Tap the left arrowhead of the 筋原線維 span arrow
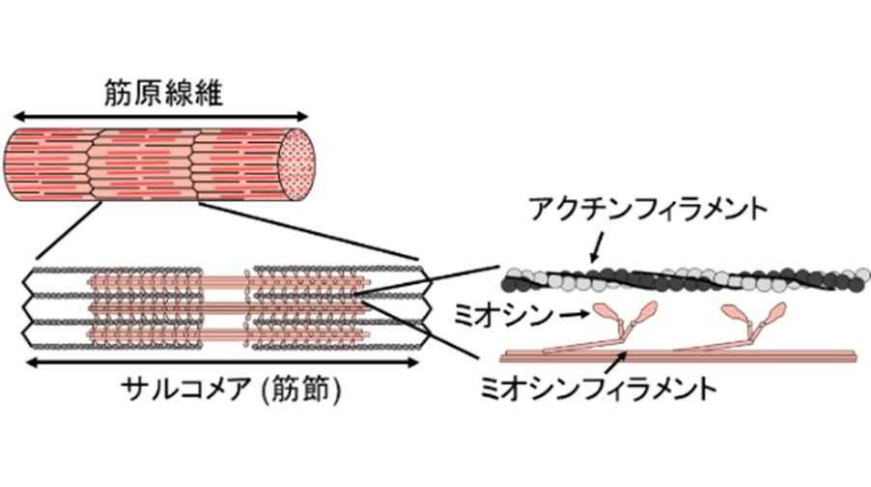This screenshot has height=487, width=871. pyautogui.click(x=12, y=115)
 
